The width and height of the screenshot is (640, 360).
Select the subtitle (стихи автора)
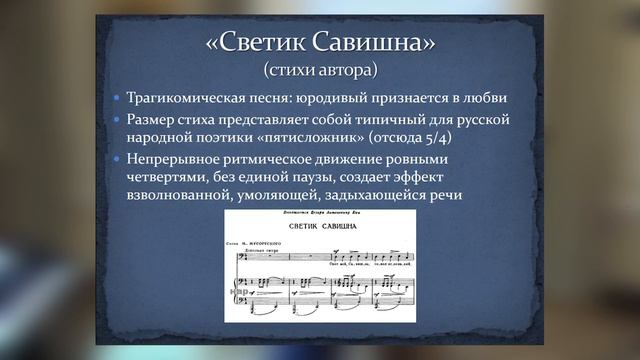tap(320, 71)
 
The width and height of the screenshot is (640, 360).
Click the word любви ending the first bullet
tap(483, 100)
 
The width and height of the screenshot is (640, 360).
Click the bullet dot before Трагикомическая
tap(117, 101)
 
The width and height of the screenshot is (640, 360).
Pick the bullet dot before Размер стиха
tap(117, 121)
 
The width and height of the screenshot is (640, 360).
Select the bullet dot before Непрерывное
tap(117, 160)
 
